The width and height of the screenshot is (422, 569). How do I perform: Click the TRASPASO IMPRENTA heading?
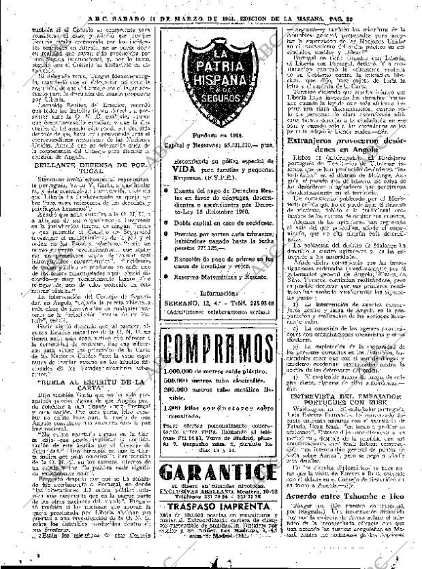(x=210, y=525)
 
